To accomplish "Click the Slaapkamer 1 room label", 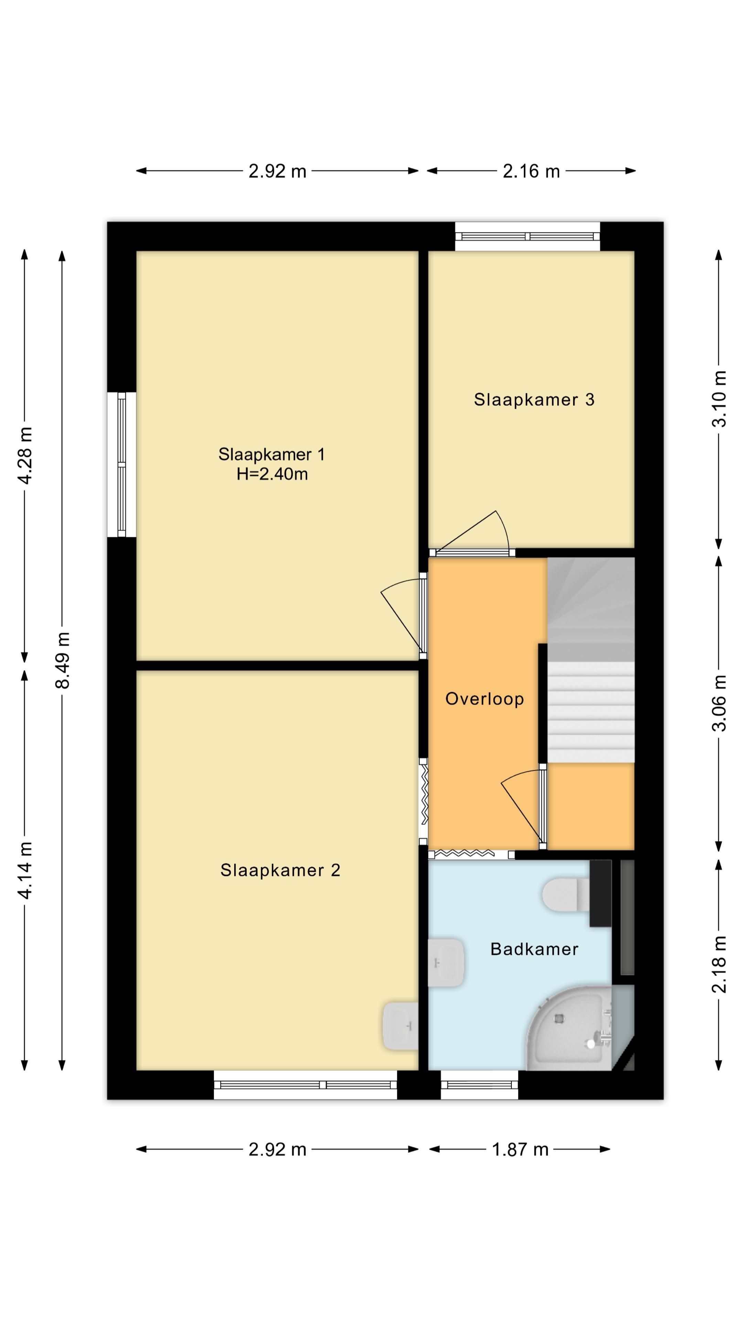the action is coord(271,454).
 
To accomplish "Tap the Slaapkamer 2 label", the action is coord(280,870).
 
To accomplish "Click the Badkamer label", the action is coord(534,949).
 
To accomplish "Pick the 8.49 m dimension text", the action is coord(63,661).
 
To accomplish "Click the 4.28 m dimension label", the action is coord(25,455).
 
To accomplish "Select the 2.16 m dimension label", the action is coord(531,171).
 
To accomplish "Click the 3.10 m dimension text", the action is coord(719,399).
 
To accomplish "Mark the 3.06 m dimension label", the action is coord(719,703).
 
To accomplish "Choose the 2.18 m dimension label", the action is coord(719,964).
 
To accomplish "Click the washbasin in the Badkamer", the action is coord(446,963).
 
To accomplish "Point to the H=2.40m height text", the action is coord(272,474).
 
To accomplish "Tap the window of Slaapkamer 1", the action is coord(121,465).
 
